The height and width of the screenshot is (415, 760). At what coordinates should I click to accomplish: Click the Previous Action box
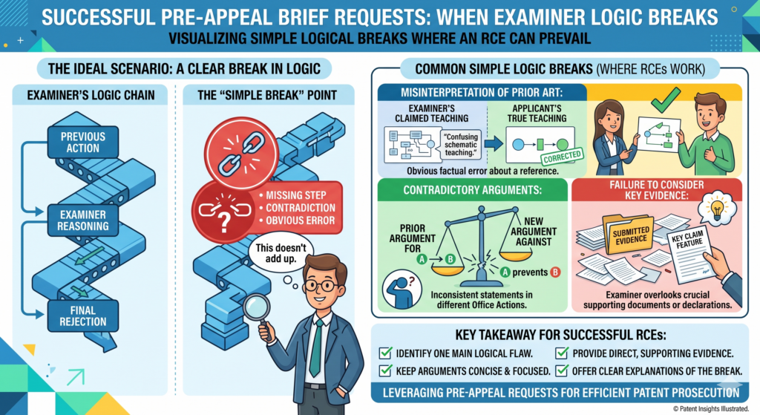(83, 142)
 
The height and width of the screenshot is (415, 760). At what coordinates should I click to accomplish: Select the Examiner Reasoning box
(83, 220)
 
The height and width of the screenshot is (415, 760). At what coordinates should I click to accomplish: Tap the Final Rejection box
(83, 316)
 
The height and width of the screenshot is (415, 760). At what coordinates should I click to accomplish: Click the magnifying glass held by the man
(258, 307)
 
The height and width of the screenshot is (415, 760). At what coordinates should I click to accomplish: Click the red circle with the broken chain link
(241, 153)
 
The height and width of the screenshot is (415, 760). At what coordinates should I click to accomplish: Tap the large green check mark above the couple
(666, 99)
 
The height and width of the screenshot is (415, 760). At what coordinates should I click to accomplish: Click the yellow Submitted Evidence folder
(629, 235)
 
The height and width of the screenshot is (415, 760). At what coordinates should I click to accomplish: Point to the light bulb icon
(716, 209)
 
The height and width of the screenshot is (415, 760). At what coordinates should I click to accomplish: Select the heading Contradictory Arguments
(473, 190)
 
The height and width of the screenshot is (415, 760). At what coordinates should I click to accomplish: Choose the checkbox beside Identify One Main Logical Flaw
(386, 353)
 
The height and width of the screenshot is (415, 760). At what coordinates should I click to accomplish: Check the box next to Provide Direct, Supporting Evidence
(562, 353)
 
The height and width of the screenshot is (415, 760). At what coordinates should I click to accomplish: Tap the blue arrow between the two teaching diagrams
(494, 143)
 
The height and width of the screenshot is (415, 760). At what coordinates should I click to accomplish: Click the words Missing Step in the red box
(295, 195)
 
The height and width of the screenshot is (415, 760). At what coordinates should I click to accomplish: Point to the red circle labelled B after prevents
(555, 272)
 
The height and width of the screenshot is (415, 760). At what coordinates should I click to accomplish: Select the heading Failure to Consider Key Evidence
(656, 190)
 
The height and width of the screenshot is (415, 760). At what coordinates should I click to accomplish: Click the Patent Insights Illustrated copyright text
(710, 409)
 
